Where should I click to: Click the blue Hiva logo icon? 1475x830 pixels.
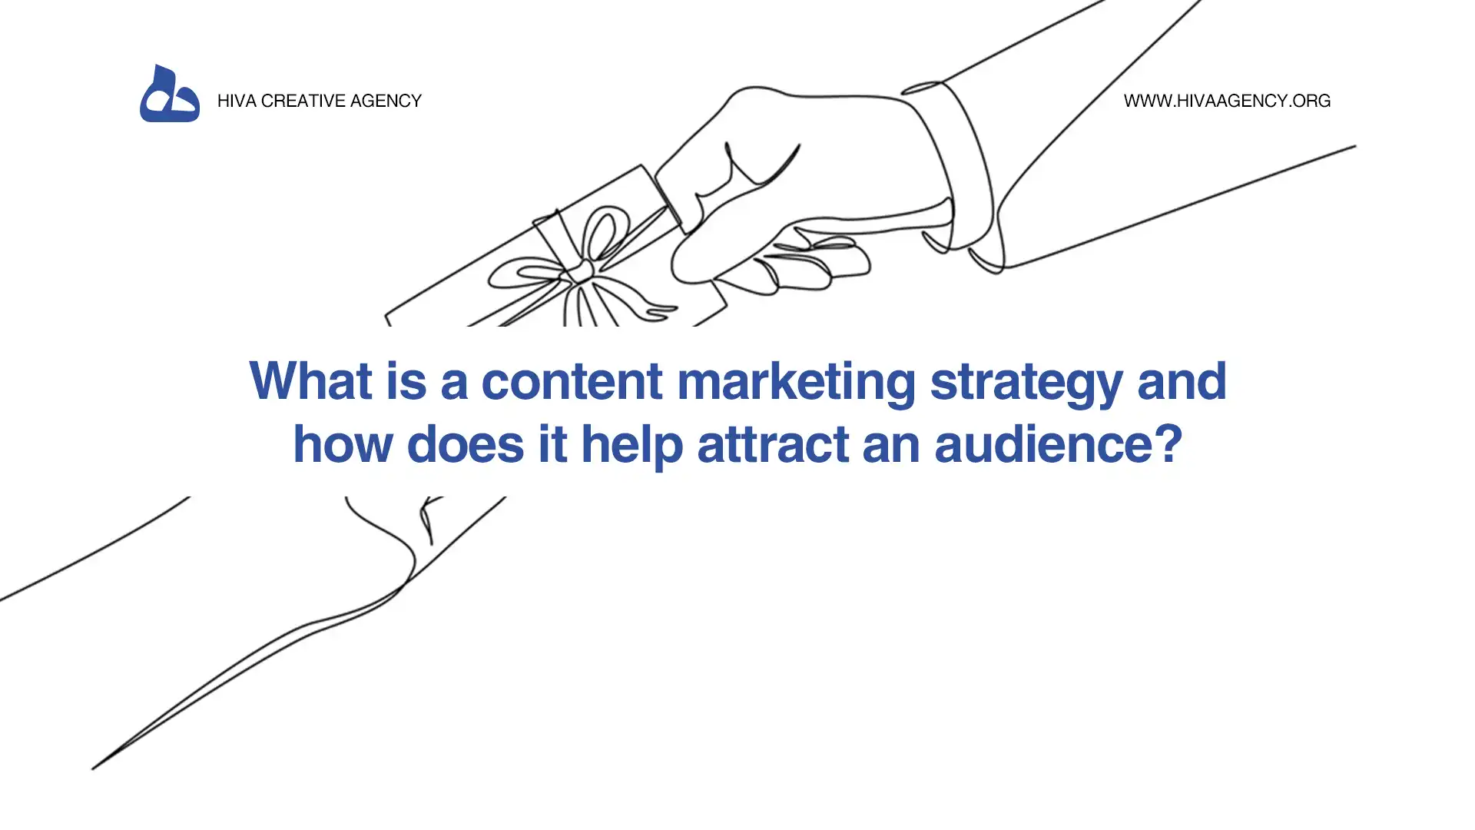click(x=170, y=94)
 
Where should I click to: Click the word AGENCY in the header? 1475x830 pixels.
click(x=386, y=101)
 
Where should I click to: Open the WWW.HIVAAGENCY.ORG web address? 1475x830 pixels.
click(x=1227, y=101)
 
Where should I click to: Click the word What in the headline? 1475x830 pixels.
click(x=310, y=380)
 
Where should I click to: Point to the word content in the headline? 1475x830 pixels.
click(x=572, y=382)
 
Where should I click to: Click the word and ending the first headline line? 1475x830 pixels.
click(x=1182, y=380)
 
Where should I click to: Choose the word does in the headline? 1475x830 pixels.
click(x=465, y=443)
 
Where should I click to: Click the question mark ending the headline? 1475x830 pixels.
click(x=1161, y=443)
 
